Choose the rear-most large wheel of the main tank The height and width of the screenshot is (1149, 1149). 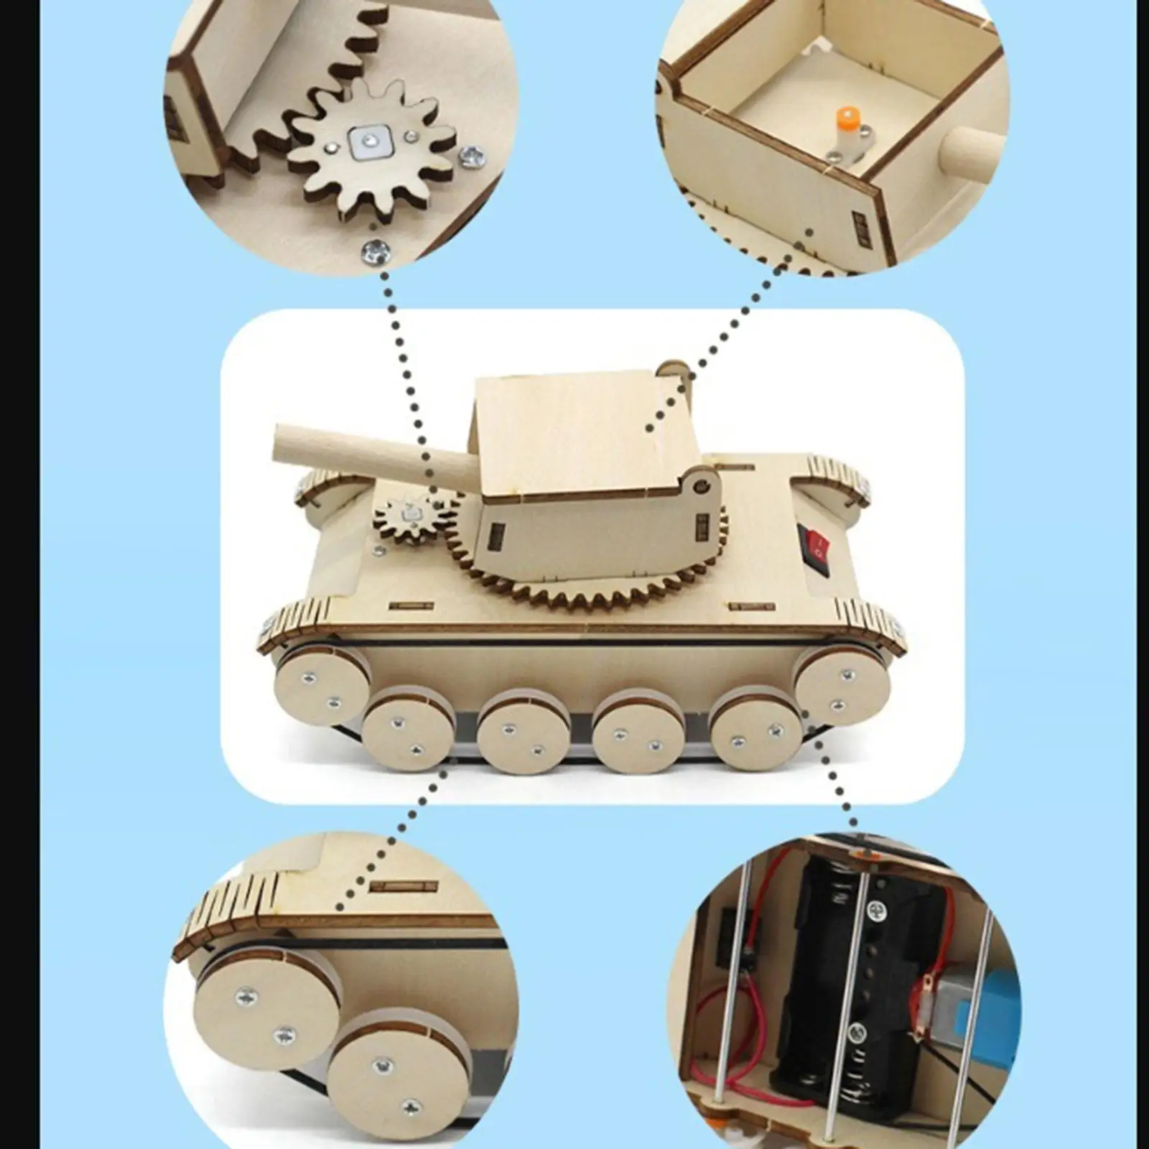coord(842,683)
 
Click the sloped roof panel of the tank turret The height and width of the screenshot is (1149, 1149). coord(567,431)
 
